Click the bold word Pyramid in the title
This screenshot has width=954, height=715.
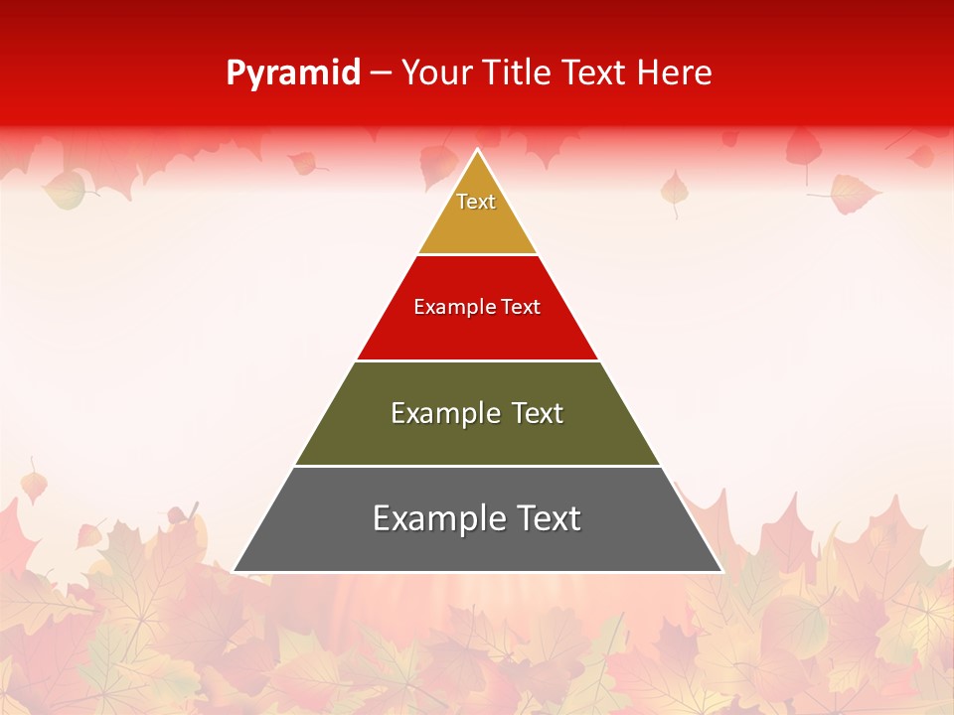point(292,72)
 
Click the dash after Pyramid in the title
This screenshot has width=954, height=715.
point(381,73)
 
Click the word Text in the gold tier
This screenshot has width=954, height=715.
point(476,202)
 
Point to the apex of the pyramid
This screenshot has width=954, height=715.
point(478,150)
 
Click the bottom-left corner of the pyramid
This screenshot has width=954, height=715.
point(235,571)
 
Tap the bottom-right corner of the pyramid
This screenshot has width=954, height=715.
point(721,571)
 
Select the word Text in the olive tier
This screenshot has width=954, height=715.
point(538,413)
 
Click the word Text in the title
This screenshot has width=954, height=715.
point(596,72)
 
